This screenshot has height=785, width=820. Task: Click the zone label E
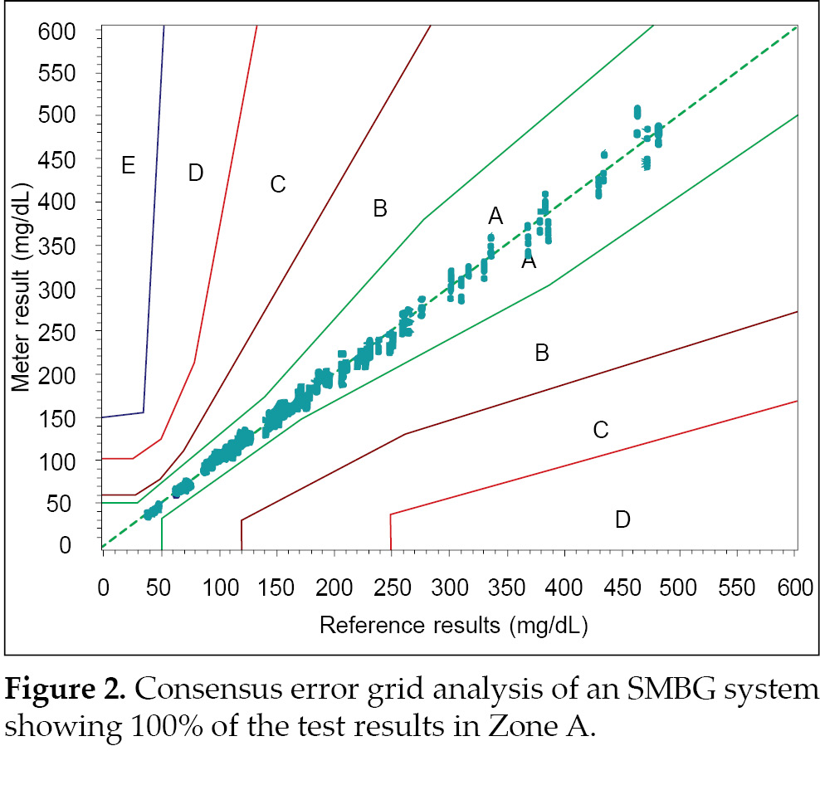127,166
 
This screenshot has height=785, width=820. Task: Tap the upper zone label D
195,173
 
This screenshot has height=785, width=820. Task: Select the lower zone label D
622,520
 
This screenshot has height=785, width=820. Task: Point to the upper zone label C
278,184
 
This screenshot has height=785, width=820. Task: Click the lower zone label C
601,430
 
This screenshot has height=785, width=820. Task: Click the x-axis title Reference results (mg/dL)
453,625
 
